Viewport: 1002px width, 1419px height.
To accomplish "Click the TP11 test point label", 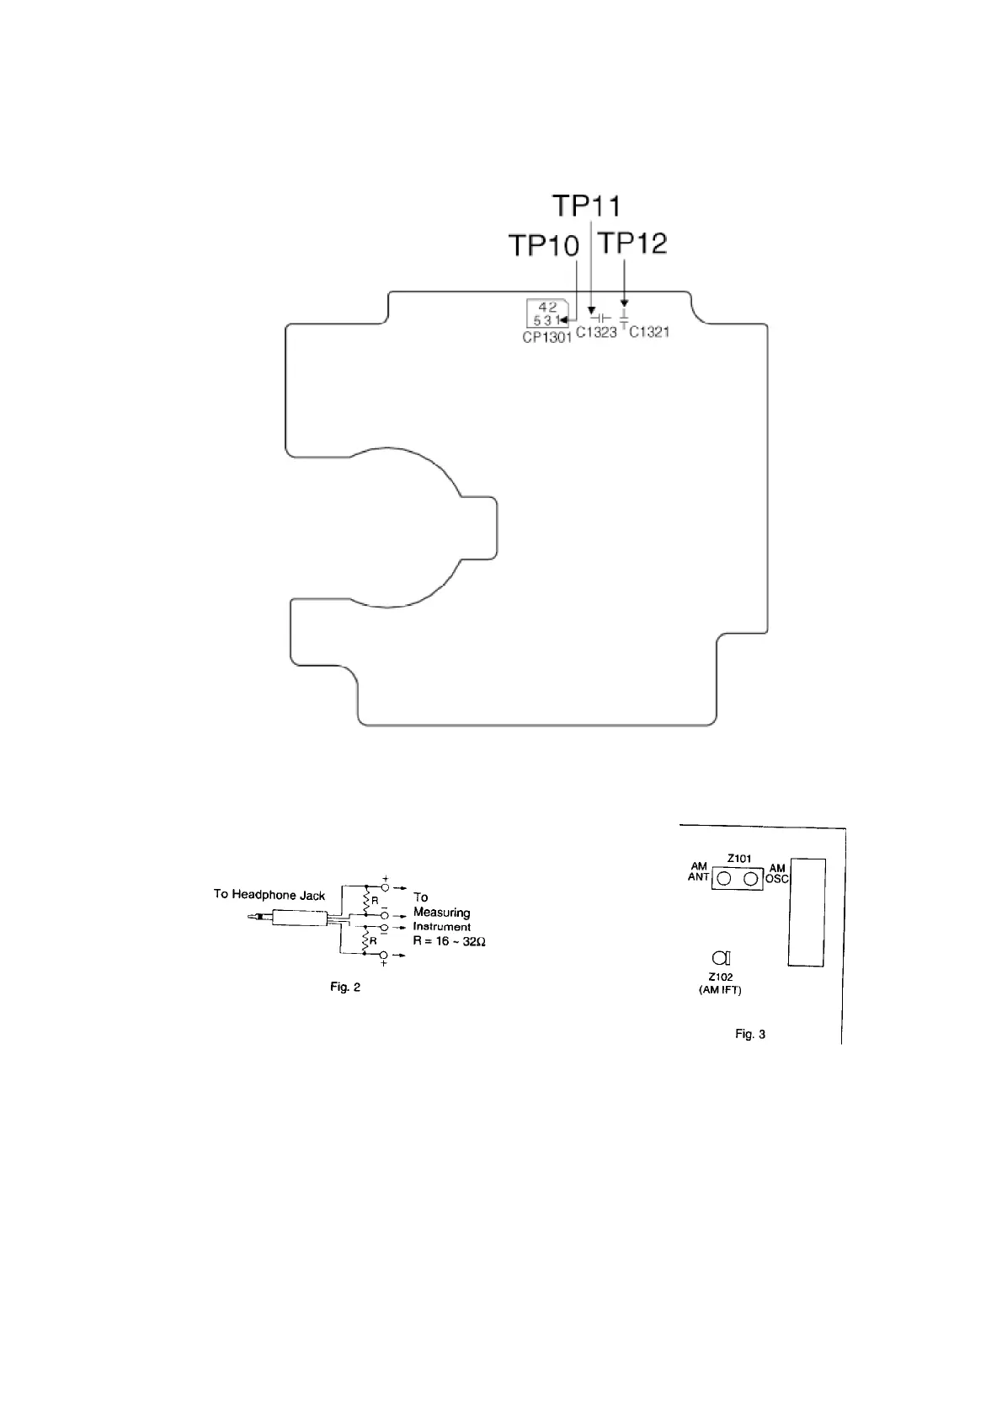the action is click(587, 206).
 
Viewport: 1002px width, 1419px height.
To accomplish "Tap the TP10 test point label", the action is click(544, 246).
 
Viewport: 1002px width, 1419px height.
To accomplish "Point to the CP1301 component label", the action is click(546, 337).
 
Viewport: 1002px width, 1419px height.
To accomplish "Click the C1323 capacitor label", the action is click(596, 333).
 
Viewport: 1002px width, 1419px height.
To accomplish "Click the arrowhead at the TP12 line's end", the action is click(624, 303).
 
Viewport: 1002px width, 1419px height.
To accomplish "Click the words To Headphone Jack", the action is click(269, 894).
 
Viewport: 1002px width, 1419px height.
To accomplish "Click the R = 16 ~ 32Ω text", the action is click(450, 940).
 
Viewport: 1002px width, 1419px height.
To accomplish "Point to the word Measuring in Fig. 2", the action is click(441, 913).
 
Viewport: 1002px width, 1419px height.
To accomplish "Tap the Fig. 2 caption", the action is click(345, 987).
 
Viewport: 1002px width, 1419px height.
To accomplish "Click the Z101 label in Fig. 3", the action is click(738, 859).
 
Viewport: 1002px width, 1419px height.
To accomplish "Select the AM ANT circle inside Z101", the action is click(724, 880).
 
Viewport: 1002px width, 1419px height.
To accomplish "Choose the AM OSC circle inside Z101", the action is click(750, 880).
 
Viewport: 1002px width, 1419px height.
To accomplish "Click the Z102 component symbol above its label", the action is click(720, 957).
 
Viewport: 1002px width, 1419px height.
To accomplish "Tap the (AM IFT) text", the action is click(720, 990).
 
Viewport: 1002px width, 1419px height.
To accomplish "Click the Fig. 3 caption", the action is click(750, 1034).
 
